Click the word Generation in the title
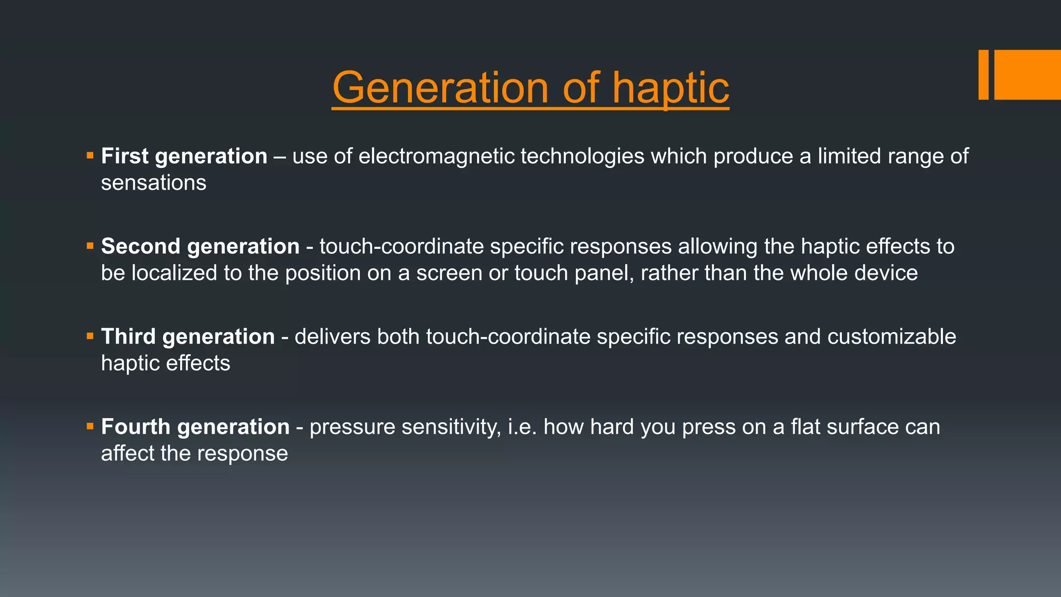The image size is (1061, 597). (440, 88)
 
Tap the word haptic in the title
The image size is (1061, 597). (670, 88)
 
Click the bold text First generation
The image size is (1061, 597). (184, 156)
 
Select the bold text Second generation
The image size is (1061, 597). (200, 246)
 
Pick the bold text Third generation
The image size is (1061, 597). (188, 336)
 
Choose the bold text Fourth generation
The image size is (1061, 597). (195, 427)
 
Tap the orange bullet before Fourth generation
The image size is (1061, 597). (90, 426)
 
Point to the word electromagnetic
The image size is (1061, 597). (436, 156)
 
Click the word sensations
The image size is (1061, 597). (153, 183)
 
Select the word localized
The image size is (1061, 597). (174, 273)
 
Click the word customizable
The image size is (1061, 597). (891, 336)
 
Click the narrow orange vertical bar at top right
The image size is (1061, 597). (983, 75)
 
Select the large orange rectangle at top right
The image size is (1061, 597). (1027, 75)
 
